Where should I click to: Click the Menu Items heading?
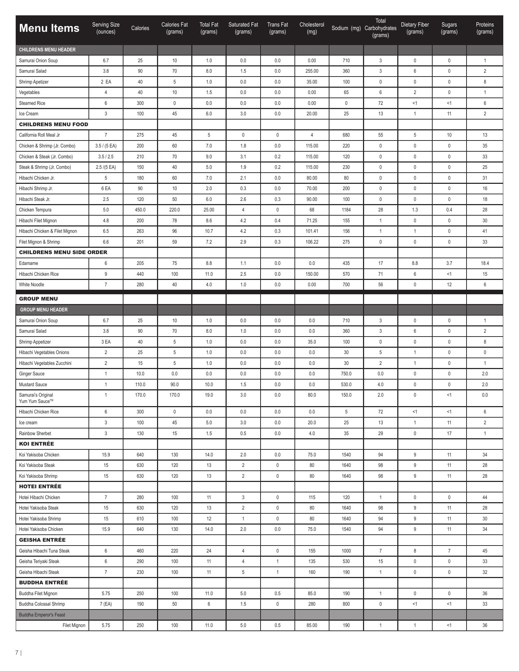pos(49,28)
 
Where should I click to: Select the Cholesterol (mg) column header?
pos(312,28)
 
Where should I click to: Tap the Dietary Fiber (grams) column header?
pos(415,28)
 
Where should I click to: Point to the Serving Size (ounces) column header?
pos(106,28)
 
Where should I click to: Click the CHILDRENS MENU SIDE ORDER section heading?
pos(63,252)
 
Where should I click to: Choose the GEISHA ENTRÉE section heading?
pos(42,540)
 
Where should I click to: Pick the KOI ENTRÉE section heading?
pos(36,444)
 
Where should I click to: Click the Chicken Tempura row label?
pos(35,210)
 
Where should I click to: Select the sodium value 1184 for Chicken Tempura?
pos(346,210)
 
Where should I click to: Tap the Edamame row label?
pos(28,264)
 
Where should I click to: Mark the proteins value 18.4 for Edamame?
pos(485,264)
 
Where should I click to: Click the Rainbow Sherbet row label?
pos(35,434)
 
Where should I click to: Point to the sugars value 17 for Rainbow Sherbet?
pos(449,434)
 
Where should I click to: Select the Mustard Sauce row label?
pos(33,385)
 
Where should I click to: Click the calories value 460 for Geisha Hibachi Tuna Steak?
pos(140,551)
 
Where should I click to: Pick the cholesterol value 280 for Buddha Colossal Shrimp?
pos(312,604)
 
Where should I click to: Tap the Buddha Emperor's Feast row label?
pos(42,615)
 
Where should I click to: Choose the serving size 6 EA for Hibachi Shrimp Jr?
pos(106,189)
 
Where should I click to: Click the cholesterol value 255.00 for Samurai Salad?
pos(312,71)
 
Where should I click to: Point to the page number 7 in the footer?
pos(17,652)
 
